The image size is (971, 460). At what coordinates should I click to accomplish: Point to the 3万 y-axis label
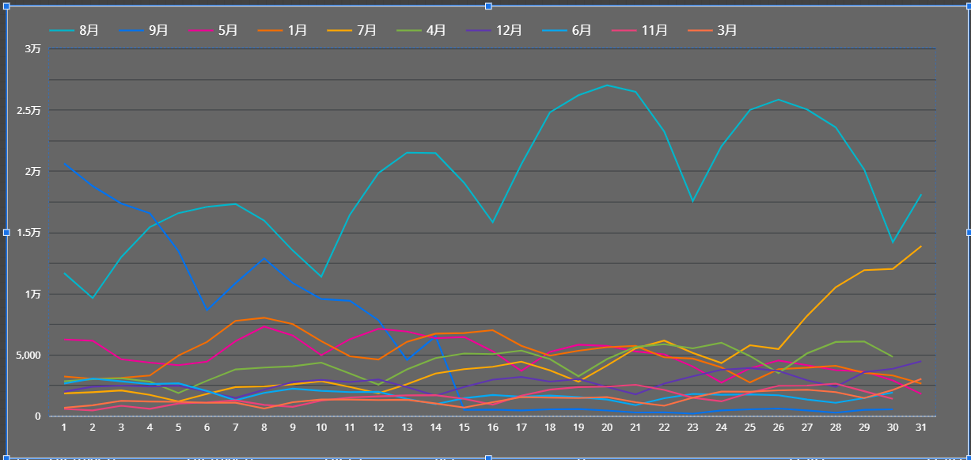coord(33,49)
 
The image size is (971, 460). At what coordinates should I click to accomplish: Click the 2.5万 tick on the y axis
coord(28,110)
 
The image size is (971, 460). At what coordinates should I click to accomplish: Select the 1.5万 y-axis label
coord(28,233)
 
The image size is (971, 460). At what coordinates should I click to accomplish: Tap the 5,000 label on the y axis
coord(27,355)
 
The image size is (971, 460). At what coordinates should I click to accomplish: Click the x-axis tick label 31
coord(920,427)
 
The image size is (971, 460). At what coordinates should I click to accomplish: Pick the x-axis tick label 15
coord(464,427)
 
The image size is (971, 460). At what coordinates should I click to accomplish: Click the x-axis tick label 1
coord(64,427)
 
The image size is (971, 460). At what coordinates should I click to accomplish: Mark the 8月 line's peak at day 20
coord(607,85)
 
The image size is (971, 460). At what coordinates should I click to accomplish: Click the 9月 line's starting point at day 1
coord(64,163)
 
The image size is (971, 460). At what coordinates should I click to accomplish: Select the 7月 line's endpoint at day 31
coord(920,246)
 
